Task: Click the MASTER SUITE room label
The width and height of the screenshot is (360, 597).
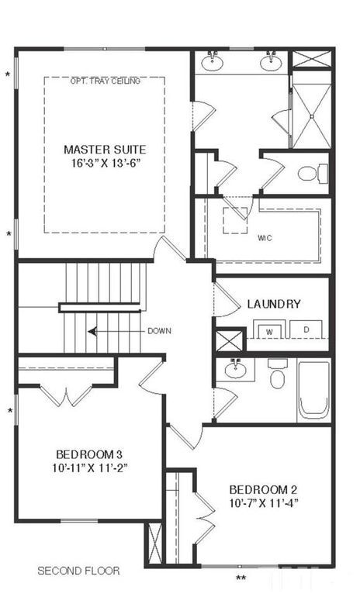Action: [x=104, y=149]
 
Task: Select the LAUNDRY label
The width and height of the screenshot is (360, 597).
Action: [x=274, y=304]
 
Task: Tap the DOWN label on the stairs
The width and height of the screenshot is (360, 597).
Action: [x=159, y=331]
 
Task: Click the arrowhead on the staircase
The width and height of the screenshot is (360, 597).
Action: [x=92, y=331]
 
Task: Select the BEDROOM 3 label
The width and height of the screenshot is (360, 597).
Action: [x=89, y=454]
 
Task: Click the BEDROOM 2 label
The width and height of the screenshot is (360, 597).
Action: [x=263, y=489]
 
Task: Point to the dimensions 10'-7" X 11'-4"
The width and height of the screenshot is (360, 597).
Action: [x=263, y=503]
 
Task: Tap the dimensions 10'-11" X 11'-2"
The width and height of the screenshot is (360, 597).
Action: [x=89, y=468]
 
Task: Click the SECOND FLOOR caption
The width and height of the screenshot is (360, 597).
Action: [x=78, y=571]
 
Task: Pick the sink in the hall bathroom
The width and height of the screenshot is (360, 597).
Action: [x=236, y=368]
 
